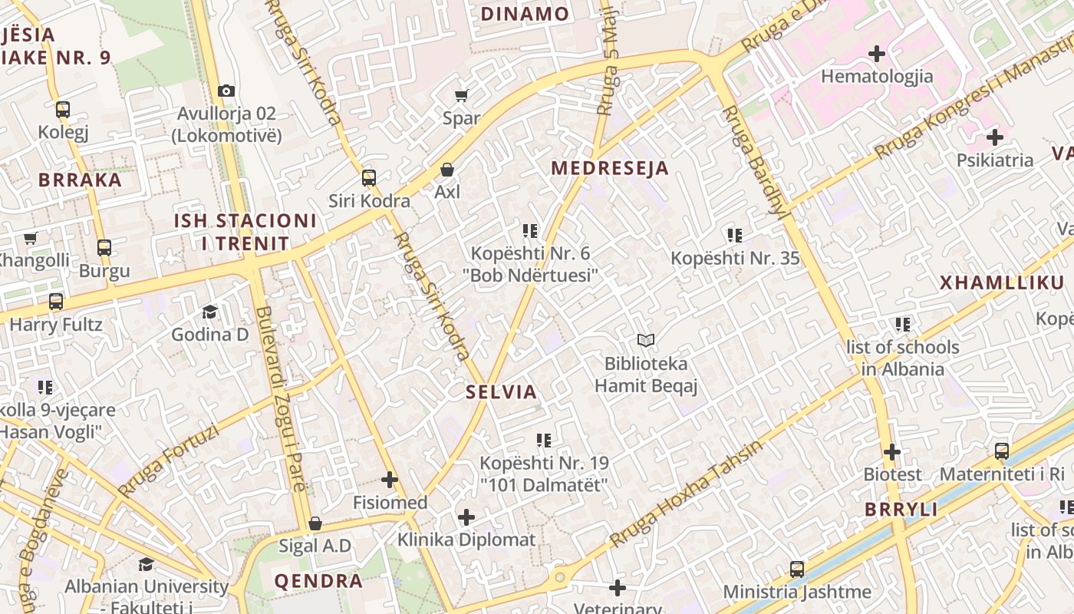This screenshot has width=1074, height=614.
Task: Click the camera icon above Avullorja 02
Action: pos(226,91)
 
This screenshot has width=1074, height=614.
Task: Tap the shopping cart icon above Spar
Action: pos(461,95)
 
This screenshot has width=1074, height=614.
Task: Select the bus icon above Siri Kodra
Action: pos(369,178)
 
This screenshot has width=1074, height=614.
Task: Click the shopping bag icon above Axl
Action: pos(447,169)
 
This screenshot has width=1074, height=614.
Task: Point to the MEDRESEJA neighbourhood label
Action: pos(610,168)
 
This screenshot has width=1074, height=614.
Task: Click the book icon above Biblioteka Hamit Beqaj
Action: pos(646,340)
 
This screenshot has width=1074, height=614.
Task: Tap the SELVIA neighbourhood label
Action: pos(501,392)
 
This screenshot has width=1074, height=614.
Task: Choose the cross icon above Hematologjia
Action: pos(877,54)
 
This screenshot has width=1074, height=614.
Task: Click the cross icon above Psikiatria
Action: pos(994,138)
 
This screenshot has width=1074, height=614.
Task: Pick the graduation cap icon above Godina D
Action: pos(209,312)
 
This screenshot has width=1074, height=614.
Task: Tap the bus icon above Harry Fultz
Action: pos(56,302)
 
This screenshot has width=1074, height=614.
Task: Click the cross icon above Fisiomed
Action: pos(390,480)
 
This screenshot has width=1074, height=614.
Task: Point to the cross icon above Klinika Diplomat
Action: pos(466,517)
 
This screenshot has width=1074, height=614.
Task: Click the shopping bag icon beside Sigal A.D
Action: pos(315,523)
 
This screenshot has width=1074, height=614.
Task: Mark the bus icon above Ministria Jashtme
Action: pos(797,569)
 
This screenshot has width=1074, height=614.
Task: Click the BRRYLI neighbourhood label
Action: pos(901,510)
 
